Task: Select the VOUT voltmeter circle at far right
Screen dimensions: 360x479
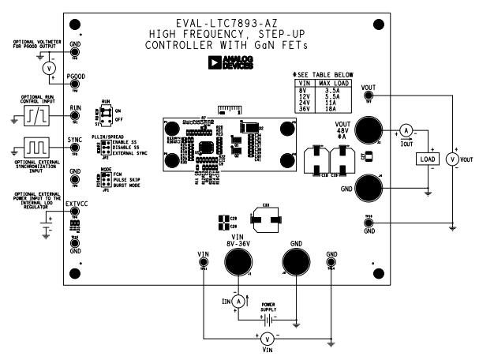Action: [452, 159]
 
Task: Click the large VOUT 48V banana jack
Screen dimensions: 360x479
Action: [367, 130]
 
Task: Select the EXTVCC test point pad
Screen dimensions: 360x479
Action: [75, 212]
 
